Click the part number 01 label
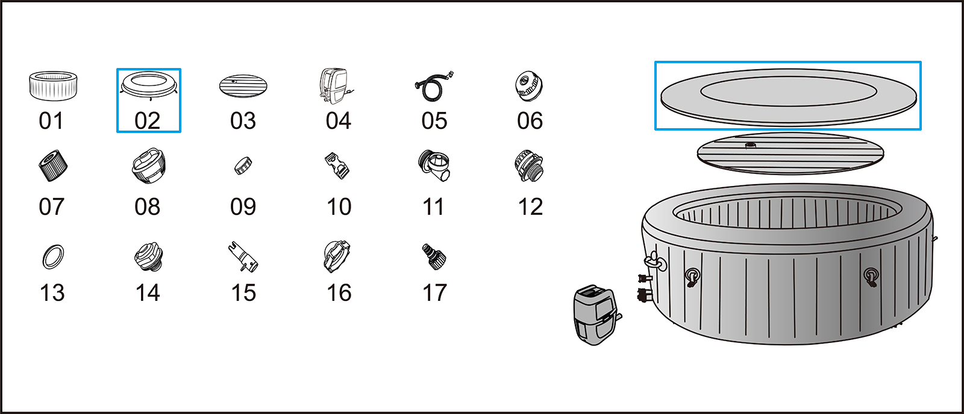[x=51, y=121]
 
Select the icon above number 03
[x=243, y=86]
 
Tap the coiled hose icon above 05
[x=434, y=87]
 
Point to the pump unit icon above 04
[x=336, y=86]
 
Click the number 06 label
[x=530, y=121]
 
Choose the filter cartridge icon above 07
[x=52, y=165]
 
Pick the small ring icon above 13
[x=54, y=257]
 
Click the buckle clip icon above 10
[x=337, y=165]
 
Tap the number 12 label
[x=530, y=207]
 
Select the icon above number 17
[x=434, y=257]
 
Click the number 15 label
[x=243, y=293]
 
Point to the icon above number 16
[x=337, y=257]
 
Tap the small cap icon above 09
[x=243, y=165]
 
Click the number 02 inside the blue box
[x=147, y=121]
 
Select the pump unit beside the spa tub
[x=597, y=315]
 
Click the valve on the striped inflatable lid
[x=751, y=145]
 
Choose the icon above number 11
[x=433, y=165]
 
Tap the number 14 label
[x=148, y=293]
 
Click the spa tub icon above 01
[x=53, y=86]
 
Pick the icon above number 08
[x=148, y=165]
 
